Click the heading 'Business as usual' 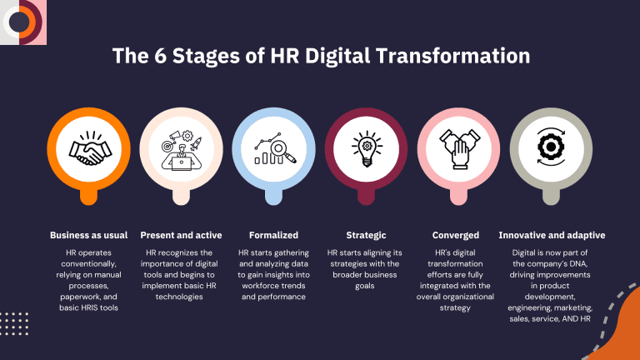tap(88, 235)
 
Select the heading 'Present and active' tap(181, 235)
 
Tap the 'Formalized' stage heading tap(273, 235)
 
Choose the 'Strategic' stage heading tap(366, 235)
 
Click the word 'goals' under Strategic tap(366, 284)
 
